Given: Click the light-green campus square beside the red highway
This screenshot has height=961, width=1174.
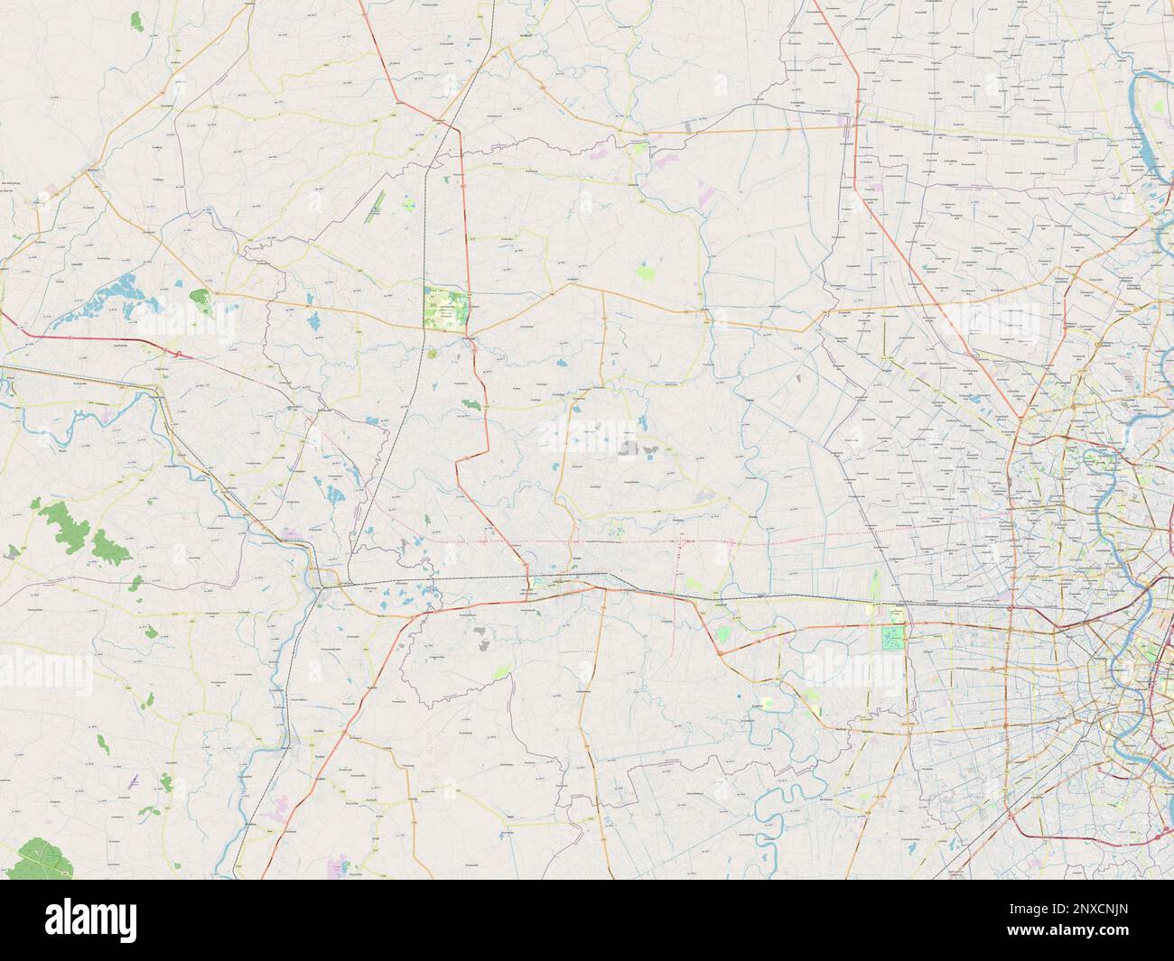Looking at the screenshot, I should [x=446, y=309].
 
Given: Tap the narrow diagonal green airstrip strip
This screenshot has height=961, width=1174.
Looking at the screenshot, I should [x=375, y=208].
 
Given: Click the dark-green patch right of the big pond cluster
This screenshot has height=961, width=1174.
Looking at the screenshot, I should [x=202, y=302].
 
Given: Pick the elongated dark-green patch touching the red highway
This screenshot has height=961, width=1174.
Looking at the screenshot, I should [x=470, y=407].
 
